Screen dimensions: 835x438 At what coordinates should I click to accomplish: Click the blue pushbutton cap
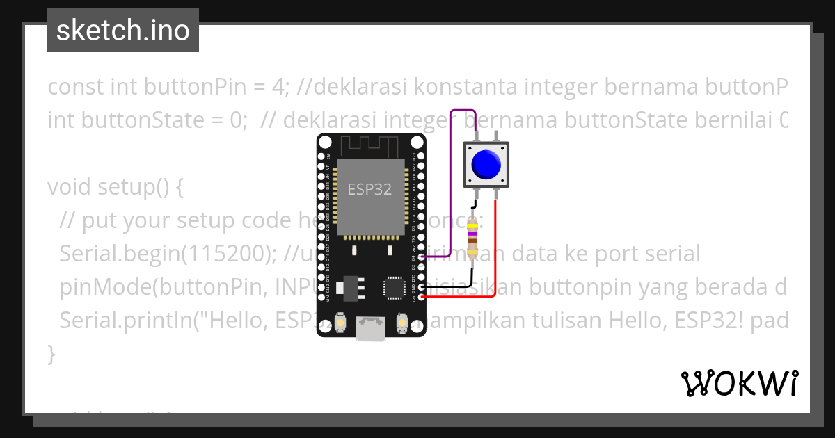[486, 164]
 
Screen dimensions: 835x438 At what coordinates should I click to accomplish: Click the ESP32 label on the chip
[369, 188]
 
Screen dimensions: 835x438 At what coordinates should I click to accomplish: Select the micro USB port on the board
[370, 327]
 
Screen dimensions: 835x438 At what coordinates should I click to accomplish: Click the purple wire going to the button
[452, 181]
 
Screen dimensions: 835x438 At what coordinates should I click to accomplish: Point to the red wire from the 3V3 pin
[495, 257]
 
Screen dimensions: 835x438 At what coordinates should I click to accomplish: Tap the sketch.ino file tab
[123, 31]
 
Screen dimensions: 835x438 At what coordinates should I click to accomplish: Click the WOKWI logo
[739, 383]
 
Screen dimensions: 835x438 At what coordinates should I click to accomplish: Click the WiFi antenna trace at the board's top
[369, 145]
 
